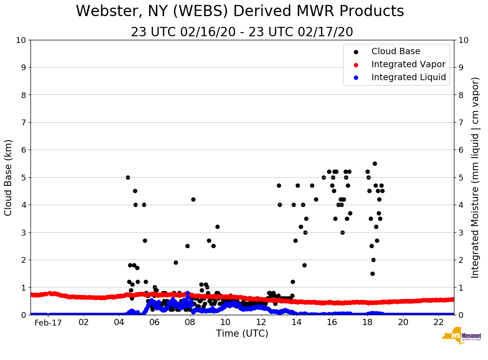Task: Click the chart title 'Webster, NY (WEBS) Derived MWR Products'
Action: tap(240, 12)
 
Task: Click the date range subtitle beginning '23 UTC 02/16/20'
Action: tap(242, 32)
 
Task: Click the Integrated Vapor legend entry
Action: tap(408, 64)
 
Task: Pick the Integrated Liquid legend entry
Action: tap(408, 77)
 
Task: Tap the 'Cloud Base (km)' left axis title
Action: tap(9, 177)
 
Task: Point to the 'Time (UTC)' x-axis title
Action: tap(242, 334)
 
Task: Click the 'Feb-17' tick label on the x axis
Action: tap(48, 323)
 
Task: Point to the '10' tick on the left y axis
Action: tap(21, 40)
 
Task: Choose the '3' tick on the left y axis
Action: tap(23, 232)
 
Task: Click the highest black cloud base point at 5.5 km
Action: tap(375, 163)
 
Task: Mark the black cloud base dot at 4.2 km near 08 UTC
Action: tap(193, 199)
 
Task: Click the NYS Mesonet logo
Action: tap(461, 337)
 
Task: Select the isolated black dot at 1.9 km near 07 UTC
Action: tap(176, 262)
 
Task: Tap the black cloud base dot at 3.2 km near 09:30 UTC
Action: tap(217, 227)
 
